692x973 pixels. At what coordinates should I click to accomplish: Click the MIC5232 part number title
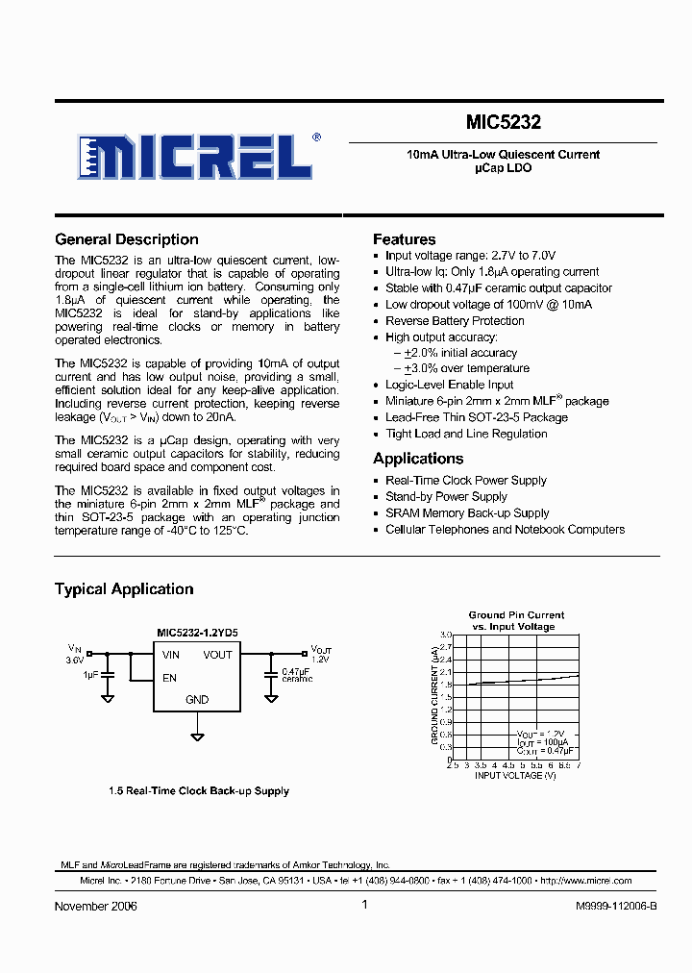[504, 123]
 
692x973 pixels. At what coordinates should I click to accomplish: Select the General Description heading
[127, 239]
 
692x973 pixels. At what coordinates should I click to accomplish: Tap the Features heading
[405, 239]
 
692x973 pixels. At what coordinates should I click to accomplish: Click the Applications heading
[418, 459]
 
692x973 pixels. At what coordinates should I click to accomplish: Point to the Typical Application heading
[124, 589]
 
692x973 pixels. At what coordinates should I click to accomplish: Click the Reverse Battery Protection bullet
[455, 321]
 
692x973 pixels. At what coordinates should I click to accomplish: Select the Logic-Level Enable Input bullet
[450, 385]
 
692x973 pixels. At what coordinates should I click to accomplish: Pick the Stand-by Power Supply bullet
[446, 497]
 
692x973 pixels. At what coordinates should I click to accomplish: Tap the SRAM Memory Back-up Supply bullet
[467, 513]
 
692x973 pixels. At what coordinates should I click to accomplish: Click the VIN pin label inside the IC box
[171, 655]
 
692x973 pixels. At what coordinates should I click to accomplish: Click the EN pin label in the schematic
[169, 678]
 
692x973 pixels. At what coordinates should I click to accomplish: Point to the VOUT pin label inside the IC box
[218, 655]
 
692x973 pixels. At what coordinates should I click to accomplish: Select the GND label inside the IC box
[197, 700]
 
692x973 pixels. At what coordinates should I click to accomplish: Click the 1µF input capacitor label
[91, 675]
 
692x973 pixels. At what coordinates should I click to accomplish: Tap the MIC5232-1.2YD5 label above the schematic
[197, 633]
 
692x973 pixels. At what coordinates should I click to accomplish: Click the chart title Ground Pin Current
[516, 614]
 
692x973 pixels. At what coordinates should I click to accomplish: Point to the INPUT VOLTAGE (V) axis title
[515, 775]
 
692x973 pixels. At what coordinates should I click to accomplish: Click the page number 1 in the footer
[365, 905]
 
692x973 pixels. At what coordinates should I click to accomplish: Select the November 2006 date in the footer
[96, 907]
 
